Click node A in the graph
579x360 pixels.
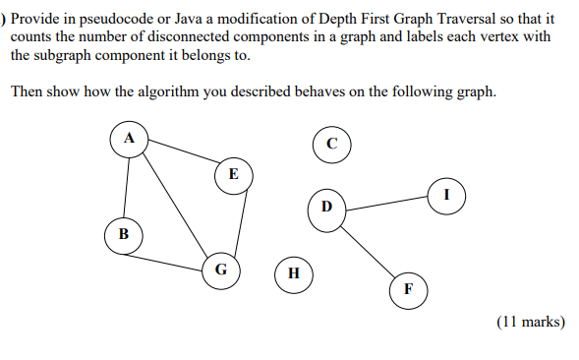pyautogui.click(x=128, y=139)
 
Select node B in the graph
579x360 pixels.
pyautogui.click(x=123, y=234)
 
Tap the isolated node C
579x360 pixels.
pyautogui.click(x=332, y=144)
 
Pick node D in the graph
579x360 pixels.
pyautogui.click(x=326, y=207)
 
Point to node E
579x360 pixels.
pyautogui.click(x=232, y=173)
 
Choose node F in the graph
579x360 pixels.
pyautogui.click(x=408, y=289)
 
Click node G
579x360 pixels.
pyautogui.click(x=221, y=268)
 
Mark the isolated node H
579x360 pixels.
pyautogui.click(x=294, y=272)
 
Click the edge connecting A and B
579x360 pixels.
pyautogui.click(x=126, y=187)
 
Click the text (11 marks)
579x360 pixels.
pyautogui.click(x=531, y=322)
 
